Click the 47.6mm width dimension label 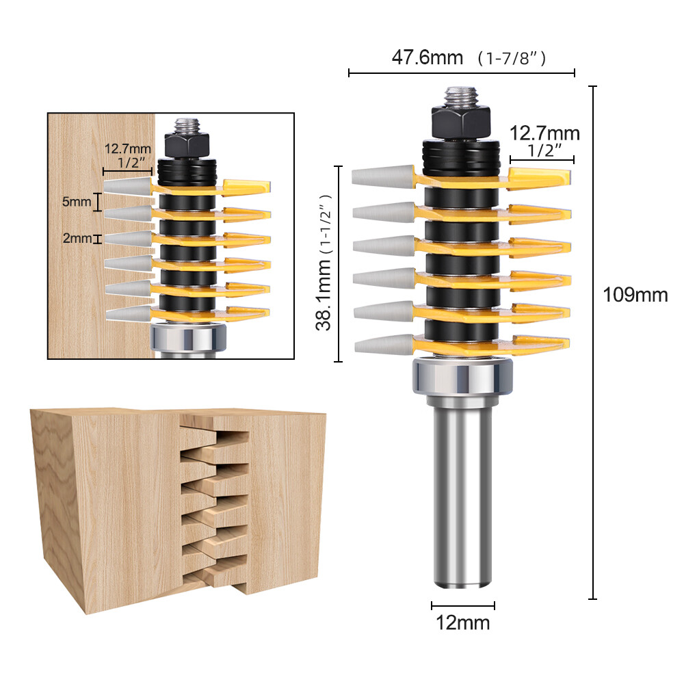427,57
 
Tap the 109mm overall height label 635,295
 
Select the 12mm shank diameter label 463,622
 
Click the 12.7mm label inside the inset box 127,148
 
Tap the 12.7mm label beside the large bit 544,133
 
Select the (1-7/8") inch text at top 513,59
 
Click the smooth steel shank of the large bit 463,492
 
